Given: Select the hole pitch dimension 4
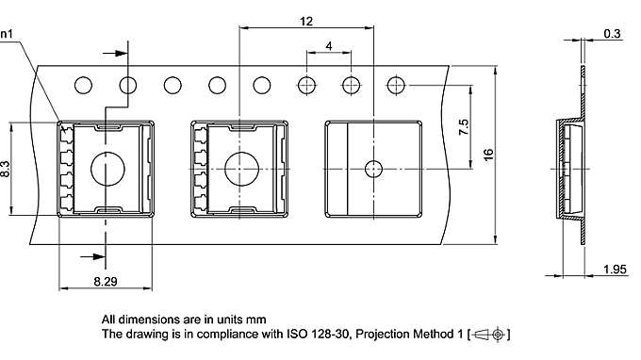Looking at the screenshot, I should pos(328,46).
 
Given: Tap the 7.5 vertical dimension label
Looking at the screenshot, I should pos(464,127).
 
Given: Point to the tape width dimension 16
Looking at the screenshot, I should pos(487,154).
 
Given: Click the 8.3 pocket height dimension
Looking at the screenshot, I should pos(7,170).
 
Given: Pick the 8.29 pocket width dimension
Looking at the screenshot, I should pos(106,280).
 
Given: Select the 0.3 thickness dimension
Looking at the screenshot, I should pos(613,34).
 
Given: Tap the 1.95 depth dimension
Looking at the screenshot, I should pos(613,271).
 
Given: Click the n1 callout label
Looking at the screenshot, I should pos(7,35).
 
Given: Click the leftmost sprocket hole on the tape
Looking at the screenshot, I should pos(83,86).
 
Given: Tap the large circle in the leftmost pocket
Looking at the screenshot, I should pos(106,170).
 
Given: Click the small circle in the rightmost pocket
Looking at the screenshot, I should pos(373,170).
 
